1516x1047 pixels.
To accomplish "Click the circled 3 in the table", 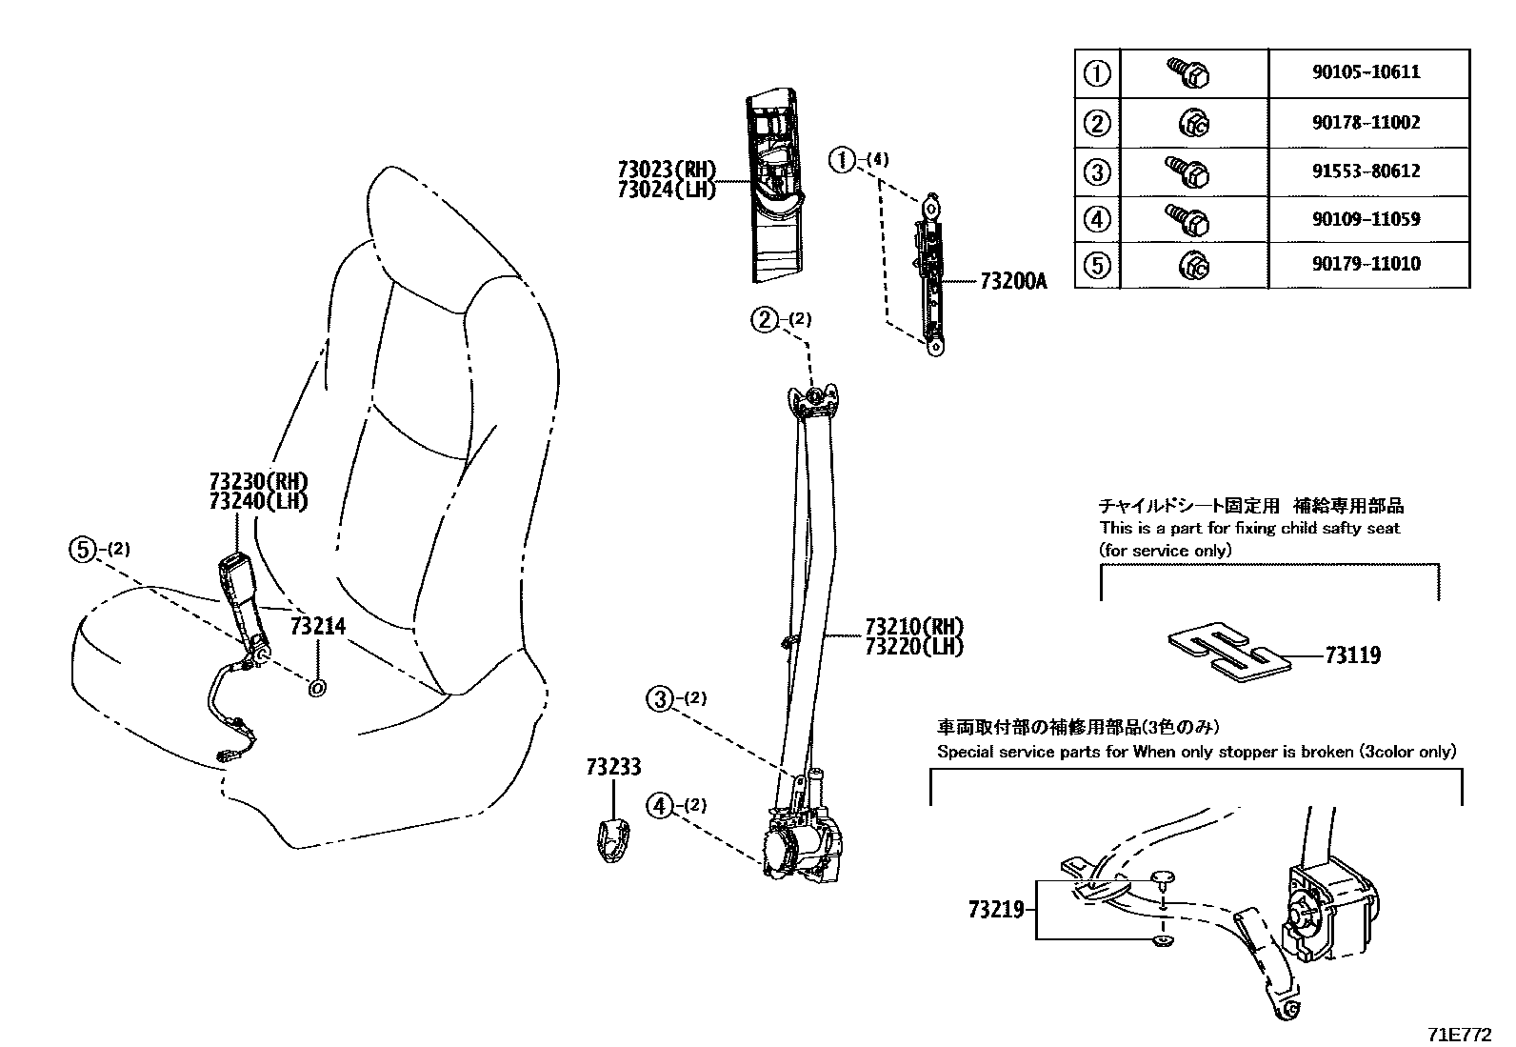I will click(1098, 171).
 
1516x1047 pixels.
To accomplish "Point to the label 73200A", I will click(1013, 282).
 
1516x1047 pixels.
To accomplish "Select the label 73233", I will click(613, 767).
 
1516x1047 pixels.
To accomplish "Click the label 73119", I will click(1352, 655).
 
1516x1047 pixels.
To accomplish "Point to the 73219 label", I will click(995, 910).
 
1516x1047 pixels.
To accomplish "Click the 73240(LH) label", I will click(258, 501).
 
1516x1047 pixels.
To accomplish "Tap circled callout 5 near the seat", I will click(84, 549).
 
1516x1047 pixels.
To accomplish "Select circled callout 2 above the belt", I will click(765, 319).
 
